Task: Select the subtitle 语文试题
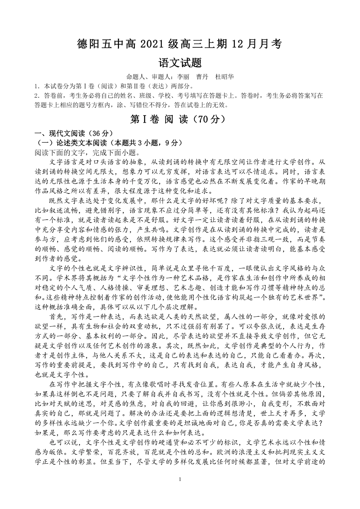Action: (180, 62)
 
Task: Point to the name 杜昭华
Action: (224, 77)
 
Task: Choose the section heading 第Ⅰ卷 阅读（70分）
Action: (180, 119)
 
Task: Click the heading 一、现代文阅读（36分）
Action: (72, 134)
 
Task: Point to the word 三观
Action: (257, 239)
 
